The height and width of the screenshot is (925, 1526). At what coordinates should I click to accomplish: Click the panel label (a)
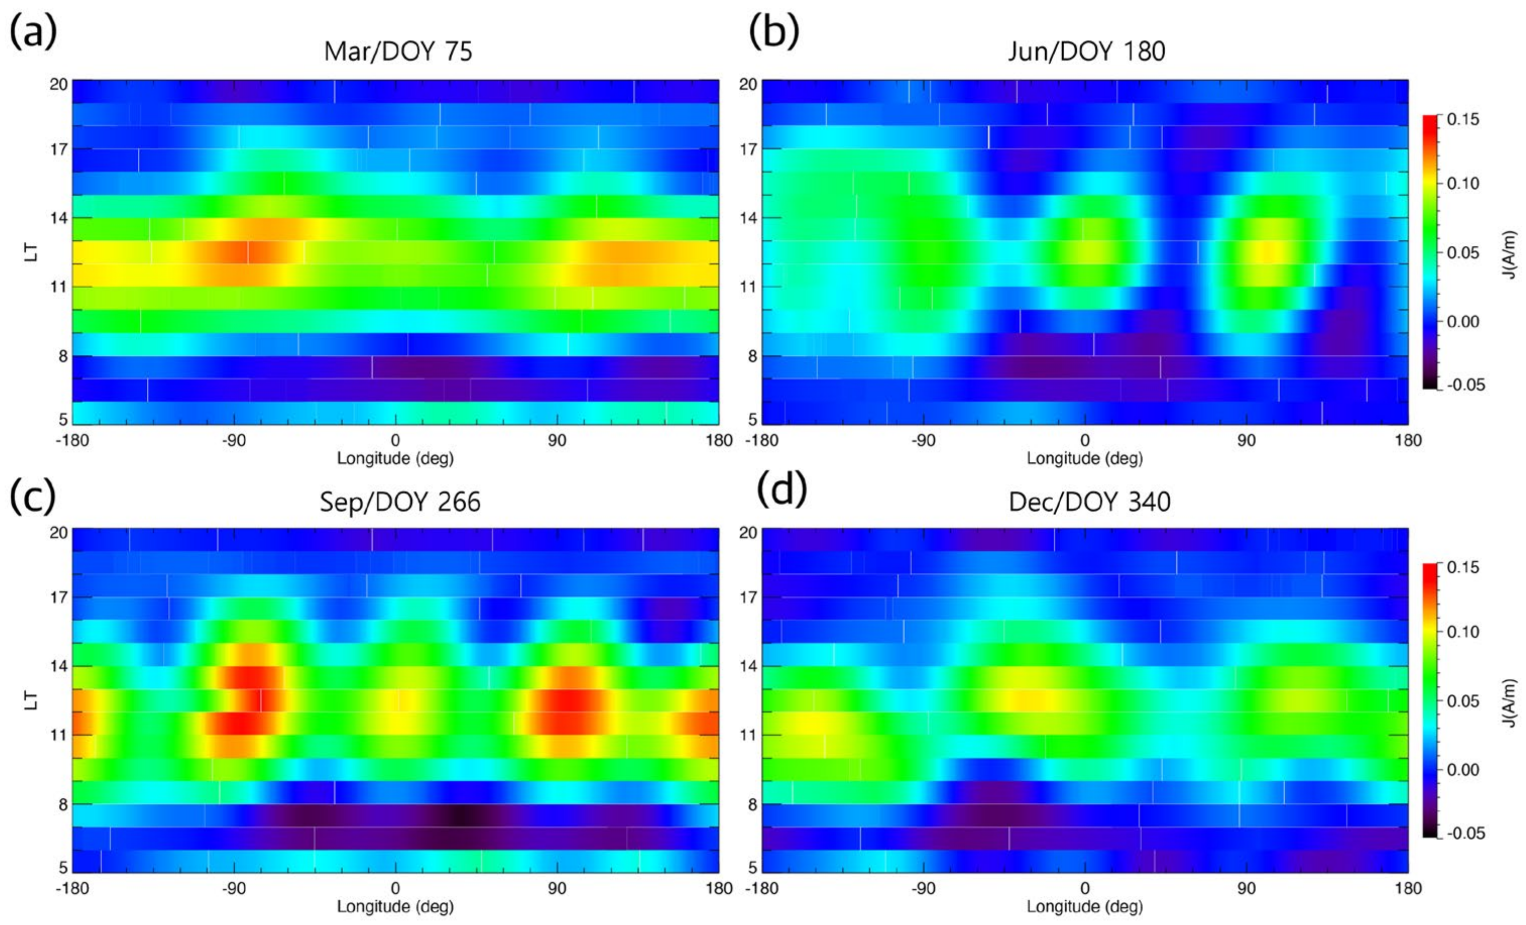pos(33,32)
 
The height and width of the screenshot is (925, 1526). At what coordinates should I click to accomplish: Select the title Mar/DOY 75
pos(398,51)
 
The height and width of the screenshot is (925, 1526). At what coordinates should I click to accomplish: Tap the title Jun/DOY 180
pos(1087,51)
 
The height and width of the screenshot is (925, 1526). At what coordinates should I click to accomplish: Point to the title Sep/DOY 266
pos(400,502)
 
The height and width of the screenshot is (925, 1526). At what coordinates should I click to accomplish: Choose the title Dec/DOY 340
pos(1089,502)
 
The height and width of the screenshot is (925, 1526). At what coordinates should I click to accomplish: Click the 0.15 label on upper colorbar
pos(1463,119)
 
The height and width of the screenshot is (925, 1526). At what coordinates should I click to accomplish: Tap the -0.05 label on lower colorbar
pos(1466,833)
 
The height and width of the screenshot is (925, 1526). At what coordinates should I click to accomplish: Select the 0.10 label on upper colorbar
pos(1463,184)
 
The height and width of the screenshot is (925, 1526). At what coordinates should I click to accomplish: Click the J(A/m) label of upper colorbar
pos(1511,254)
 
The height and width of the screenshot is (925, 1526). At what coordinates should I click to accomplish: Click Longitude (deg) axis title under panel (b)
pos(1084,459)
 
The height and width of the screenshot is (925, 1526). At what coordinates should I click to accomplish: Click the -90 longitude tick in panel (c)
pos(234,889)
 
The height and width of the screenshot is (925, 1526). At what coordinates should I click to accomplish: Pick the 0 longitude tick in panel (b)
pos(1084,440)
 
